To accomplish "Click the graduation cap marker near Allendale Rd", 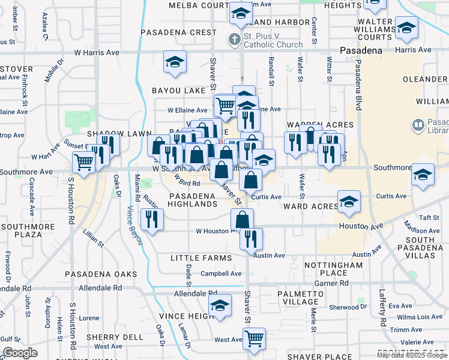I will (x=220, y=305).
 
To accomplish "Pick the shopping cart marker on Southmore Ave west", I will (x=84, y=161).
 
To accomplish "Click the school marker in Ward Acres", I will (x=349, y=202).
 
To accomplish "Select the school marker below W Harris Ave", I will (x=175, y=62).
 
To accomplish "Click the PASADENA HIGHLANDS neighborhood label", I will (x=193, y=200).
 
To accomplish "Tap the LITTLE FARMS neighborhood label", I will (x=201, y=258).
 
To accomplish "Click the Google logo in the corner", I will (x=19, y=353).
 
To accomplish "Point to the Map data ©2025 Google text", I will (x=412, y=355).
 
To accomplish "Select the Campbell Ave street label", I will (x=221, y=274).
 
